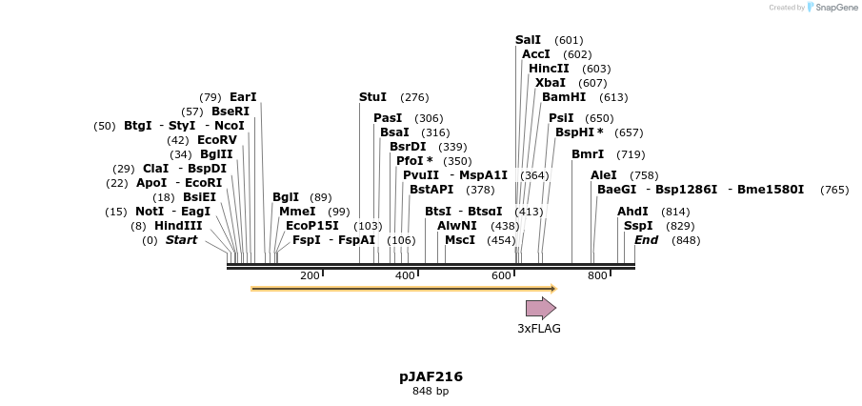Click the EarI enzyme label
(243, 97)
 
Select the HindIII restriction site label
(178, 226)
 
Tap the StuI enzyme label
(372, 97)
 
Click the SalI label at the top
(528, 40)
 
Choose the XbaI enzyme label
(550, 83)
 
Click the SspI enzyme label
(638, 226)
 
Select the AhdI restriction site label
(632, 212)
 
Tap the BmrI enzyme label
(588, 154)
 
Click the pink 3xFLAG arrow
(540, 308)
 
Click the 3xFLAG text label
(539, 329)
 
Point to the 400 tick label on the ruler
(405, 276)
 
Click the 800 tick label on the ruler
(597, 276)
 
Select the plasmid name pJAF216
(431, 376)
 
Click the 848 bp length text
(431, 391)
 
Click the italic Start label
(181, 240)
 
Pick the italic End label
(646, 240)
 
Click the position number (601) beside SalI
(569, 40)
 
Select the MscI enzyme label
(460, 240)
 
